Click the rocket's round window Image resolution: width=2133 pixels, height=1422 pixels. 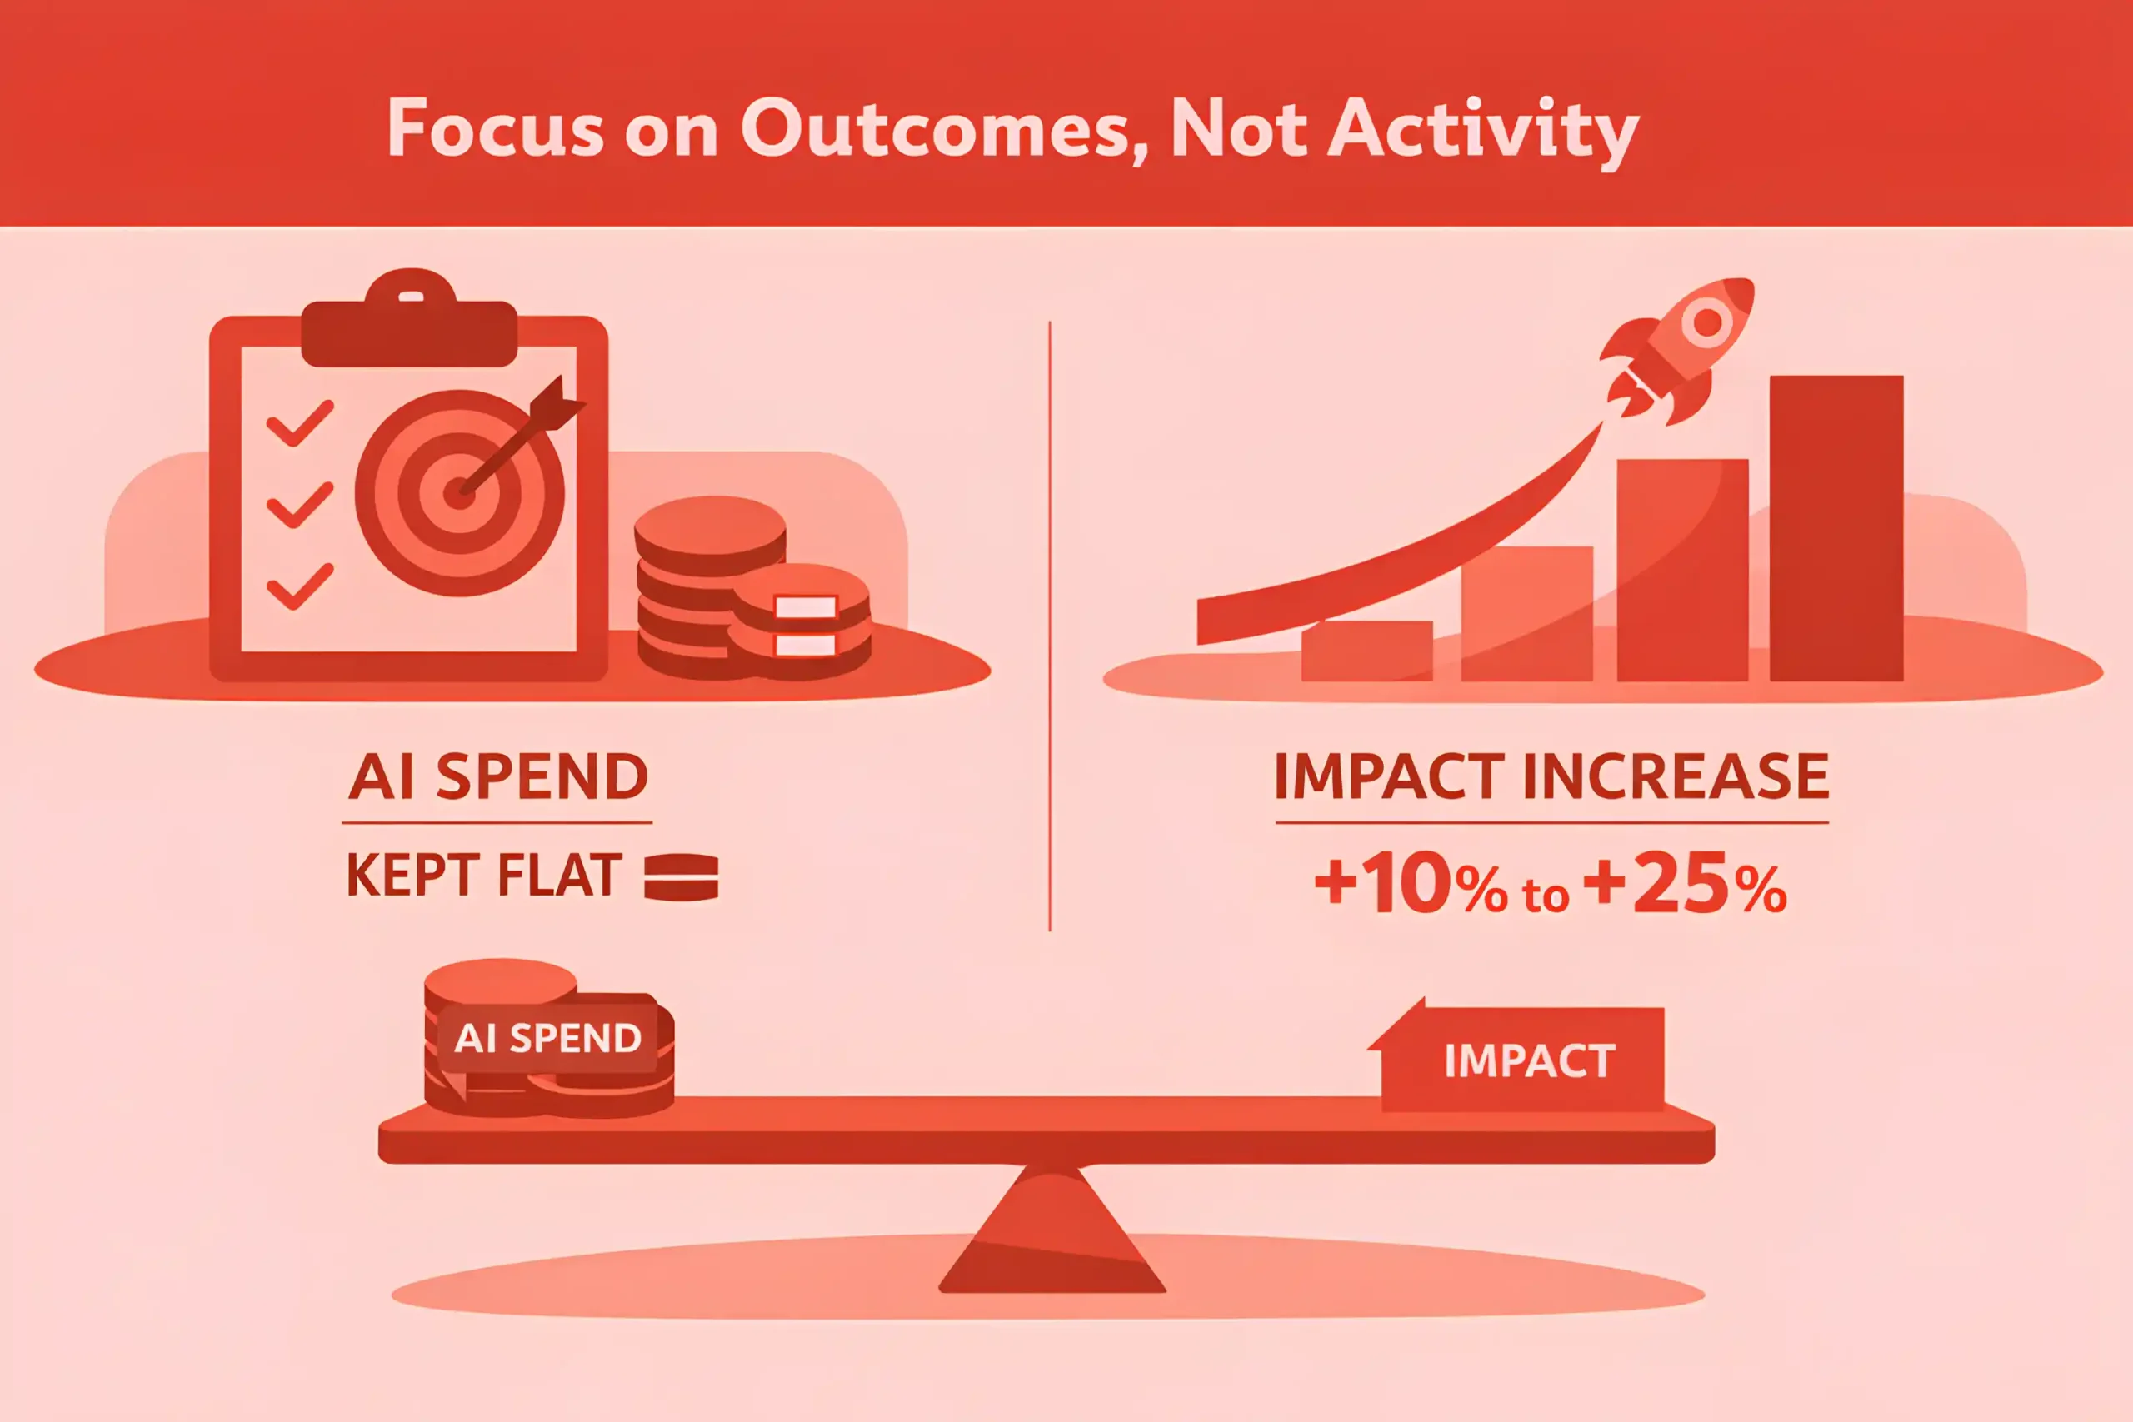pyautogui.click(x=1708, y=321)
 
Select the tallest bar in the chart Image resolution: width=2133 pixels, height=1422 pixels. pyautogui.click(x=1836, y=528)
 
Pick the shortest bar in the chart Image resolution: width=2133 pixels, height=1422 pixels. pyautogui.click(x=1366, y=651)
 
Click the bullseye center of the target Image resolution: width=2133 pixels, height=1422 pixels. pyautogui.click(x=459, y=493)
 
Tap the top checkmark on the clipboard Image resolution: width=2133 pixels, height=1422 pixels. pyautogui.click(x=299, y=423)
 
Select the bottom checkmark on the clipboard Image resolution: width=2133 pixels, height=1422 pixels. pyautogui.click(x=299, y=586)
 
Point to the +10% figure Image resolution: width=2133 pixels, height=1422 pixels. pyautogui.click(x=1411, y=881)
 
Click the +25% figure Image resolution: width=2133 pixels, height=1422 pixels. pyautogui.click(x=1685, y=881)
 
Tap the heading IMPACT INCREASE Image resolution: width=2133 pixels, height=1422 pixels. pyautogui.click(x=1551, y=776)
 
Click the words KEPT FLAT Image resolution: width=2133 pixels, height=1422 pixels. pyautogui.click(x=484, y=876)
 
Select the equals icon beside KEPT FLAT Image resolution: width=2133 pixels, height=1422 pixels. pyautogui.click(x=681, y=877)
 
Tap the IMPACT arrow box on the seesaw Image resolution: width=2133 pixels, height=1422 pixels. pyautogui.click(x=1517, y=1058)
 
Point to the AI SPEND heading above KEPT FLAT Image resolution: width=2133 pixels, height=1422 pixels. pyautogui.click(x=498, y=776)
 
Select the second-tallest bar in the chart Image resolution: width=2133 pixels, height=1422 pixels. pyautogui.click(x=1682, y=570)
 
